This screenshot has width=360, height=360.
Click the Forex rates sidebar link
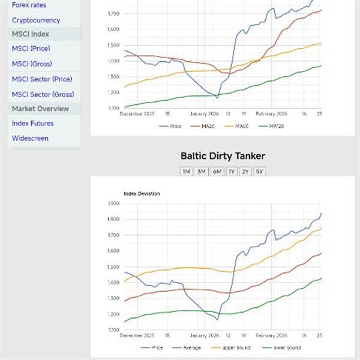29,5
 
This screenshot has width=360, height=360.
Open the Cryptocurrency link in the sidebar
36,20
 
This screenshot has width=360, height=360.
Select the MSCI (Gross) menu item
32,64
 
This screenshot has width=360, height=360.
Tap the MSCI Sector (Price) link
42,79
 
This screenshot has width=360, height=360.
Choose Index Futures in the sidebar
32,123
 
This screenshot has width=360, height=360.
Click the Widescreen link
30,138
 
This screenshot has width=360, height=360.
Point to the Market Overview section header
40,109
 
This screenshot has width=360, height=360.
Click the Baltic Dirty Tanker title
223,156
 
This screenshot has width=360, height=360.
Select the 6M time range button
216,172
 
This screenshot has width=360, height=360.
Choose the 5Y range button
259,172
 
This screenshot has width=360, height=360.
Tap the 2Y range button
245,172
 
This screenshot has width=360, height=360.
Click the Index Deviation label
142,194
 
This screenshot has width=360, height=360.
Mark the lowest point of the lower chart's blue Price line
217,320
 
